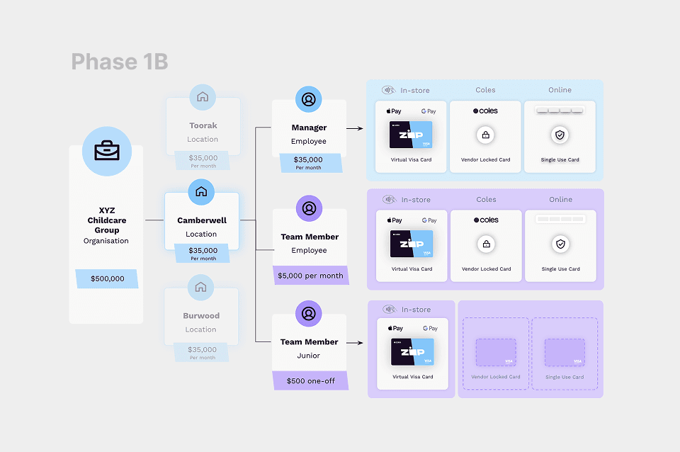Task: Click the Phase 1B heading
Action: [119, 62]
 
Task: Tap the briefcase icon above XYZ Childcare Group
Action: [107, 151]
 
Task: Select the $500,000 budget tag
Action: [107, 278]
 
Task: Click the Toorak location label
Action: [203, 125]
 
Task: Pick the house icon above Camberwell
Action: [201, 192]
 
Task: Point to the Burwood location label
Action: [201, 316]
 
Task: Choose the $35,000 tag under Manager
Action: [308, 162]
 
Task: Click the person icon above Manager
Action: [308, 100]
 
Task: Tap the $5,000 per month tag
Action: [310, 276]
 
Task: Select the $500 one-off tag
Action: [310, 380]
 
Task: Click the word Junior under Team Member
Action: [309, 356]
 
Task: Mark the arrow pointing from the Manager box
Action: [356, 129]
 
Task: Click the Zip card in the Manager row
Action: [411, 134]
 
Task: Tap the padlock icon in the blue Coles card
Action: [486, 135]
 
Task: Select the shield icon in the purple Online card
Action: [561, 244]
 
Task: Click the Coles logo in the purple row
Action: [486, 220]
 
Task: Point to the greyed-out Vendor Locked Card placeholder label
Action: [496, 377]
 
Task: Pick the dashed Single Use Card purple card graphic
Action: [565, 352]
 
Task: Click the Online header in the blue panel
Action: [560, 90]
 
